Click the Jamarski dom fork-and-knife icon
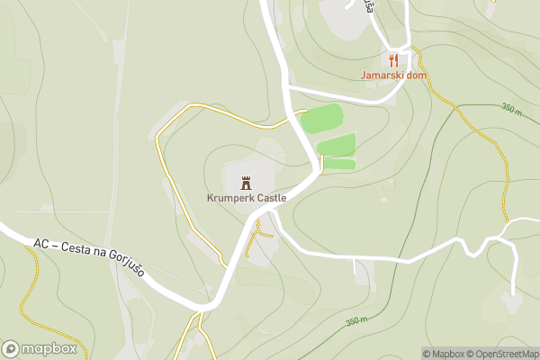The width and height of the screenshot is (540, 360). click(393, 60)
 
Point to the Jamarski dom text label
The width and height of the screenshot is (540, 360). click(392, 76)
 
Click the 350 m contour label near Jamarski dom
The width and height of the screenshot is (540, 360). click(511, 110)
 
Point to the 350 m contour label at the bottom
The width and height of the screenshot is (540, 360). click(357, 321)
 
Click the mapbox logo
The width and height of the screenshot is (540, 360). click(40, 348)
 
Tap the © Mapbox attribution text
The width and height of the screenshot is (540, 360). click(444, 354)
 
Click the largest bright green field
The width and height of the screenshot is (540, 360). click(321, 119)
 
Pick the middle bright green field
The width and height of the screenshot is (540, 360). click(337, 144)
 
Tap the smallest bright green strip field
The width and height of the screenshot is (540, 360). click(338, 164)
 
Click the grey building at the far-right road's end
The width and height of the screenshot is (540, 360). click(510, 302)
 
